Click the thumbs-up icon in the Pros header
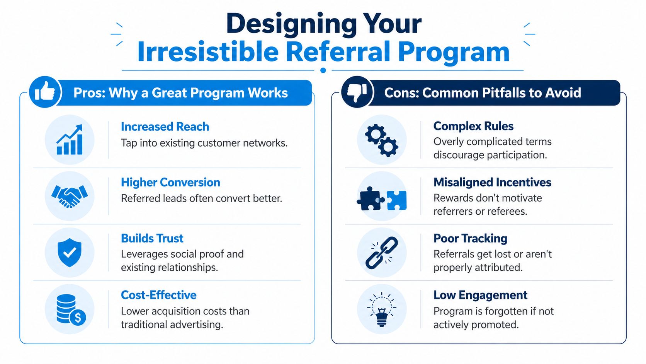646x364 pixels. tap(45, 92)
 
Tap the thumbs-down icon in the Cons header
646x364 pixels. tap(357, 92)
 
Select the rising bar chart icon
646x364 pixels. tap(70, 140)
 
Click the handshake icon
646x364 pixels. tap(70, 196)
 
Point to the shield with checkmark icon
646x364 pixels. tap(70, 253)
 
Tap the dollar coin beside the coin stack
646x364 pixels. tap(78, 318)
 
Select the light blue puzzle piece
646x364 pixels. tap(397, 200)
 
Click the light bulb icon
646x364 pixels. tap(382, 309)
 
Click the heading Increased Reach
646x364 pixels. tap(165, 126)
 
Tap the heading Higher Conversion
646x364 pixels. tap(170, 182)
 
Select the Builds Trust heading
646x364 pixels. tap(152, 238)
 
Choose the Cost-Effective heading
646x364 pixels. tap(158, 295)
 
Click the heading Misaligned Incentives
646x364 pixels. tap(492, 182)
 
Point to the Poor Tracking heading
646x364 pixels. tap(470, 238)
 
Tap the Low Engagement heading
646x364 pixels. tap(480, 295)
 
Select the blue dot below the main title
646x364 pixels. tap(323, 70)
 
